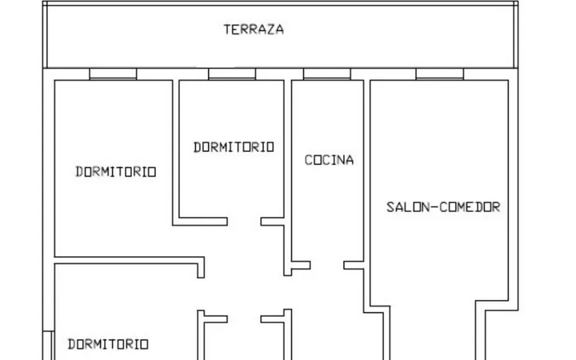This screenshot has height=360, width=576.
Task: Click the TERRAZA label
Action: coord(254,30)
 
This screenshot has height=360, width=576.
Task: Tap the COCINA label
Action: coord(329,160)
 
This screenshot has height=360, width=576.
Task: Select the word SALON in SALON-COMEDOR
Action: coord(408,207)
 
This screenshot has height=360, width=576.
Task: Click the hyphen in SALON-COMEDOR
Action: coord(434,207)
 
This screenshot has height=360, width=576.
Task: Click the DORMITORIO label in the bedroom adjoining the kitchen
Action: coord(234,147)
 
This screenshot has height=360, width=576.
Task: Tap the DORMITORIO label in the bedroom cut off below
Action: coord(108,344)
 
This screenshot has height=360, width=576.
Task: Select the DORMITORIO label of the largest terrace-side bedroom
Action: coord(116,171)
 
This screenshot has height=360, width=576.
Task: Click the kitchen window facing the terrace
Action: coord(327,74)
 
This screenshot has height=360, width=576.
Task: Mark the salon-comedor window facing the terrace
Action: coord(440,74)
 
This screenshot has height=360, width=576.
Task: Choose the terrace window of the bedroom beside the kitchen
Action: coord(232,74)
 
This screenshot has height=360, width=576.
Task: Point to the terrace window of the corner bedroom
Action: coord(113,74)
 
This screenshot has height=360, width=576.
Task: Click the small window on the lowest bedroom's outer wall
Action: coord(49,346)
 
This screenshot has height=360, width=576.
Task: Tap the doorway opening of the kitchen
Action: coord(327,266)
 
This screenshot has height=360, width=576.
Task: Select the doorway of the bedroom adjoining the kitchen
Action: coord(244,221)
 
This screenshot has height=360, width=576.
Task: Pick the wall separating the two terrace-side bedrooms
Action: coord(175,153)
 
